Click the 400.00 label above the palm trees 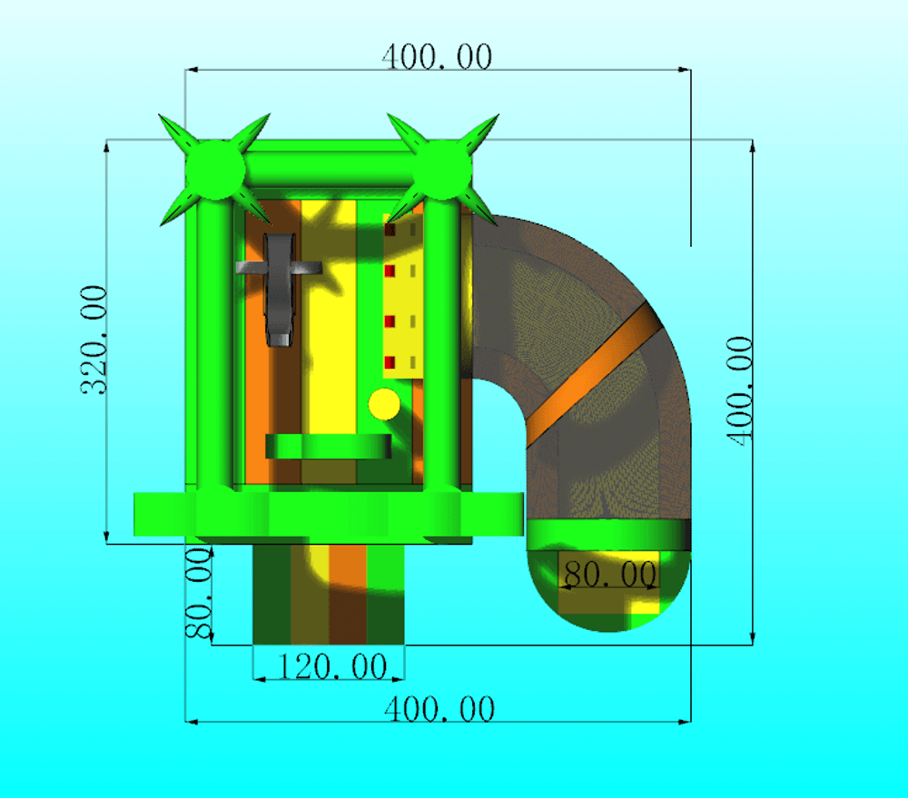coord(438,57)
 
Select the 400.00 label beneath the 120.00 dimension coord(439,709)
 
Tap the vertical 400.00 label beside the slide coord(739,391)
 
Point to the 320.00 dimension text coord(94,340)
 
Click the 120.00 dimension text coord(332,666)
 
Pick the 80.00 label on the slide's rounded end coord(610,574)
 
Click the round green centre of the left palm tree coord(215,170)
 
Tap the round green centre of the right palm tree coord(443,170)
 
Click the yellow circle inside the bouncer coord(384,404)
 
